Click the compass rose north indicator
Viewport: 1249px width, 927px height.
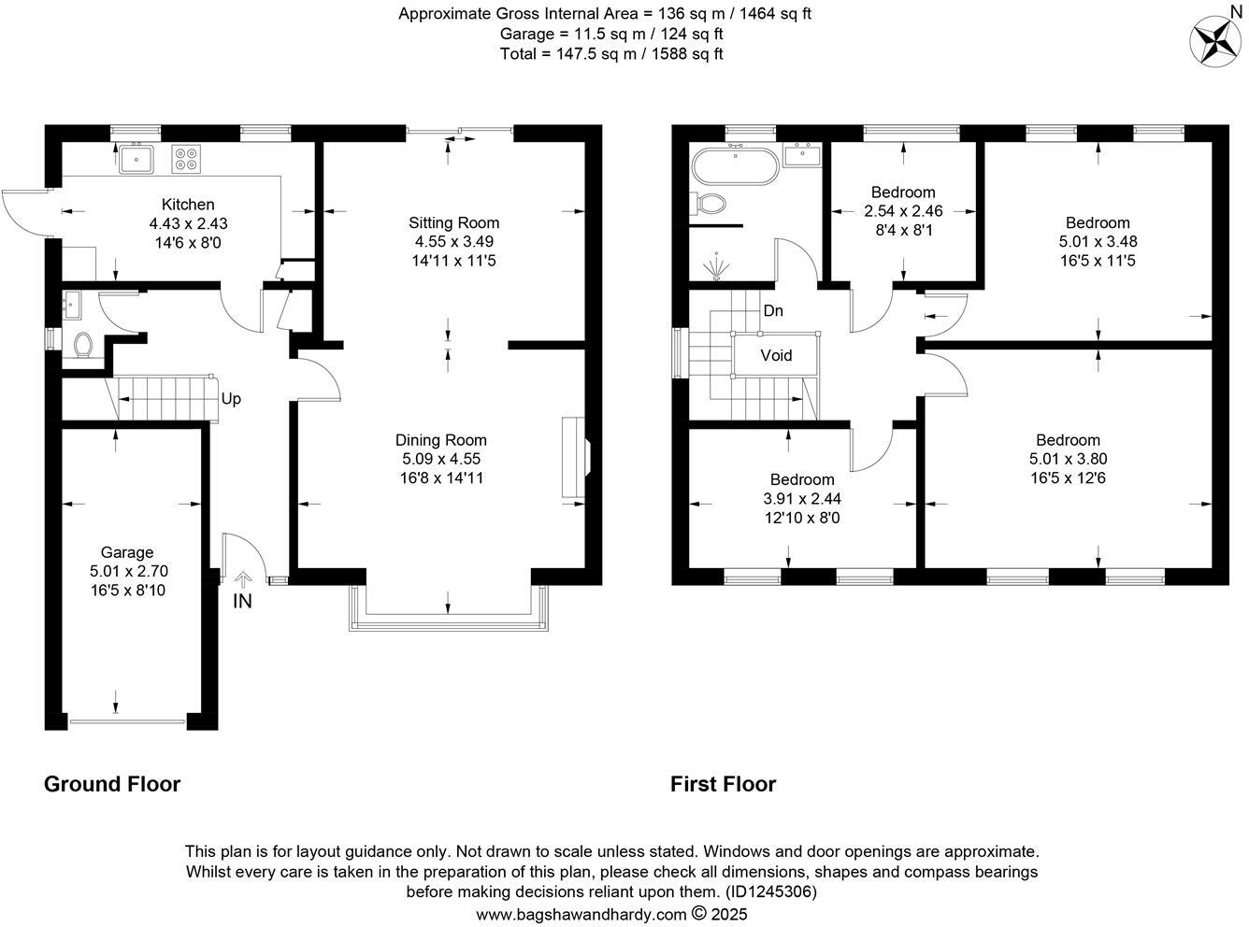click(x=1213, y=40)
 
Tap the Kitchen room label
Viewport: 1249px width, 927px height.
click(x=188, y=205)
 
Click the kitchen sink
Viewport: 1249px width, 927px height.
click(x=136, y=160)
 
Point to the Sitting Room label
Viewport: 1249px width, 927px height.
click(x=453, y=222)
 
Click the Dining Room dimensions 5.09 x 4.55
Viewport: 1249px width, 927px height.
click(x=440, y=459)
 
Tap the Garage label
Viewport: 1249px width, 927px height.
click(x=127, y=552)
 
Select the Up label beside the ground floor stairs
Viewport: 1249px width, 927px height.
click(x=231, y=399)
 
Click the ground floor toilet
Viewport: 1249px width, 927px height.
click(x=82, y=345)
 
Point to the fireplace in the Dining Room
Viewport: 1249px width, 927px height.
click(x=575, y=458)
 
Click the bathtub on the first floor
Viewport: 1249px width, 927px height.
click(x=734, y=168)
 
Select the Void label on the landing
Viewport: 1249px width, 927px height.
click(x=776, y=355)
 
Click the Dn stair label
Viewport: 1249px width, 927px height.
click(x=773, y=311)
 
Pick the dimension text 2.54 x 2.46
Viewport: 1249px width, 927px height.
click(x=903, y=211)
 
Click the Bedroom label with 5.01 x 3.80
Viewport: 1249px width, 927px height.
click(x=1068, y=440)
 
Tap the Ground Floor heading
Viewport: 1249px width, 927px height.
click(x=112, y=784)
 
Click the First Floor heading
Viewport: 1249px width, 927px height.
click(x=723, y=784)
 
